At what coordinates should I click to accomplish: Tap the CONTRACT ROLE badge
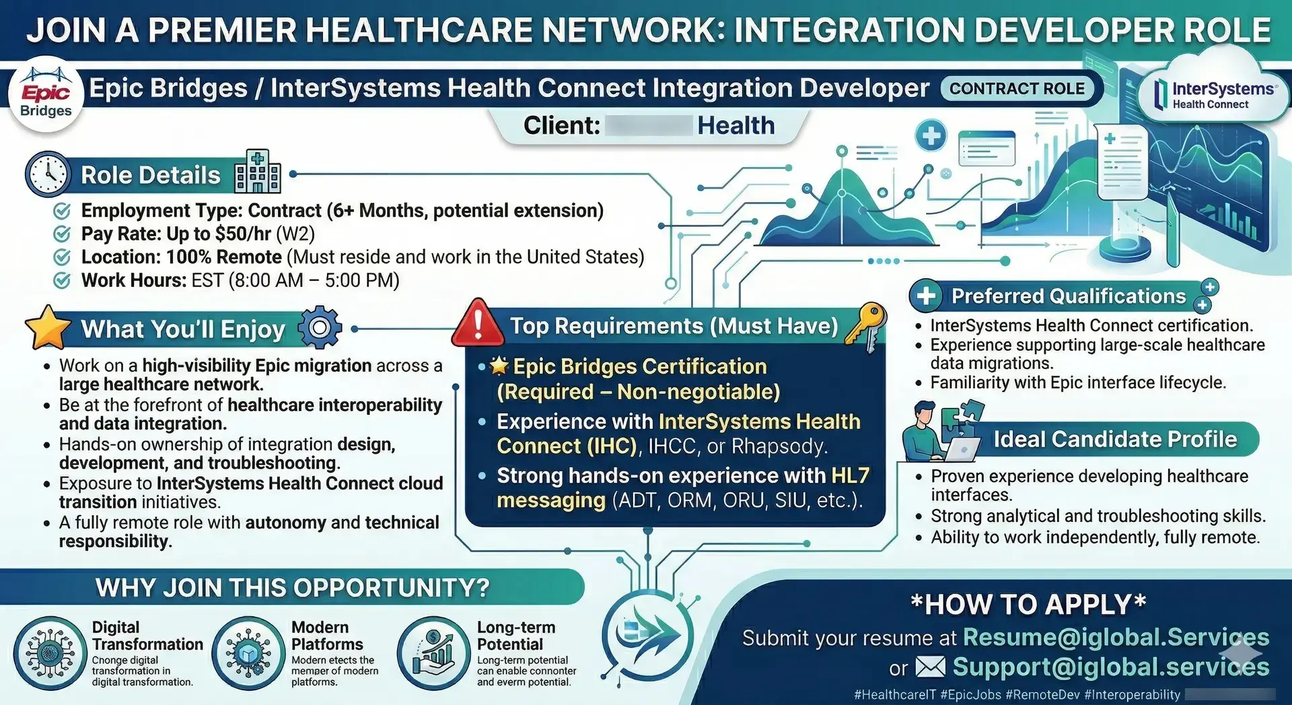[x=1017, y=89]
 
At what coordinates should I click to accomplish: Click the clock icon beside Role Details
[x=48, y=174]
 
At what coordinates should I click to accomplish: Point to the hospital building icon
[x=257, y=172]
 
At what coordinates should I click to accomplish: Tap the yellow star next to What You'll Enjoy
[x=48, y=327]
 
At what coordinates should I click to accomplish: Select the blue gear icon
[x=320, y=328]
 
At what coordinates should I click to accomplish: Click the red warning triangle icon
[x=478, y=323]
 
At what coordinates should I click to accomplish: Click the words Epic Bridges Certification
[x=639, y=366]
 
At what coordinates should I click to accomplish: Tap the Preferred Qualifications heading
[x=1068, y=296]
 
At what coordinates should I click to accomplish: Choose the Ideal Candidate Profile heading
[x=1115, y=440]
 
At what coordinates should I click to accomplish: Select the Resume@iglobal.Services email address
[x=1116, y=637]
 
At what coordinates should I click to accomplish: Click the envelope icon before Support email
[x=931, y=667]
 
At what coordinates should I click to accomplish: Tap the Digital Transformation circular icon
[x=50, y=652]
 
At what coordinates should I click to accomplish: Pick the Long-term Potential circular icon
[x=433, y=652]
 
